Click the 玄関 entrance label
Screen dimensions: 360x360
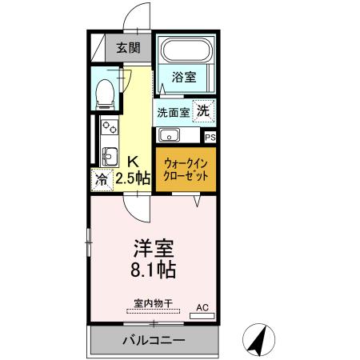click(x=128, y=48)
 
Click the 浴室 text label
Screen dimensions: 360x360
click(x=184, y=77)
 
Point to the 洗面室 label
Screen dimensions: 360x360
click(x=172, y=112)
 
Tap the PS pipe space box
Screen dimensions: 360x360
click(x=210, y=137)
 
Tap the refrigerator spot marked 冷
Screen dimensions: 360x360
click(x=102, y=178)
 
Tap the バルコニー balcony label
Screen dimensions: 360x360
click(x=154, y=340)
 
